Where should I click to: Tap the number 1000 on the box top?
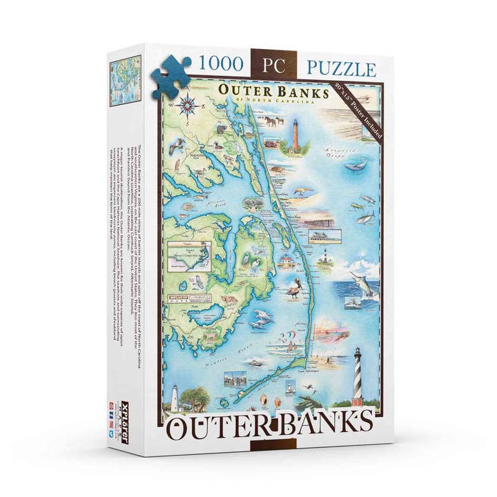pyautogui.click(x=220, y=64)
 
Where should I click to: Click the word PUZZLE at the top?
pyautogui.click(x=342, y=68)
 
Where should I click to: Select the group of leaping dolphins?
pyautogui.click(x=262, y=318)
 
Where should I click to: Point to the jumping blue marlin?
pyautogui.click(x=361, y=280)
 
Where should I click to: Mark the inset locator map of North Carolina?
pyautogui.click(x=190, y=255)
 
